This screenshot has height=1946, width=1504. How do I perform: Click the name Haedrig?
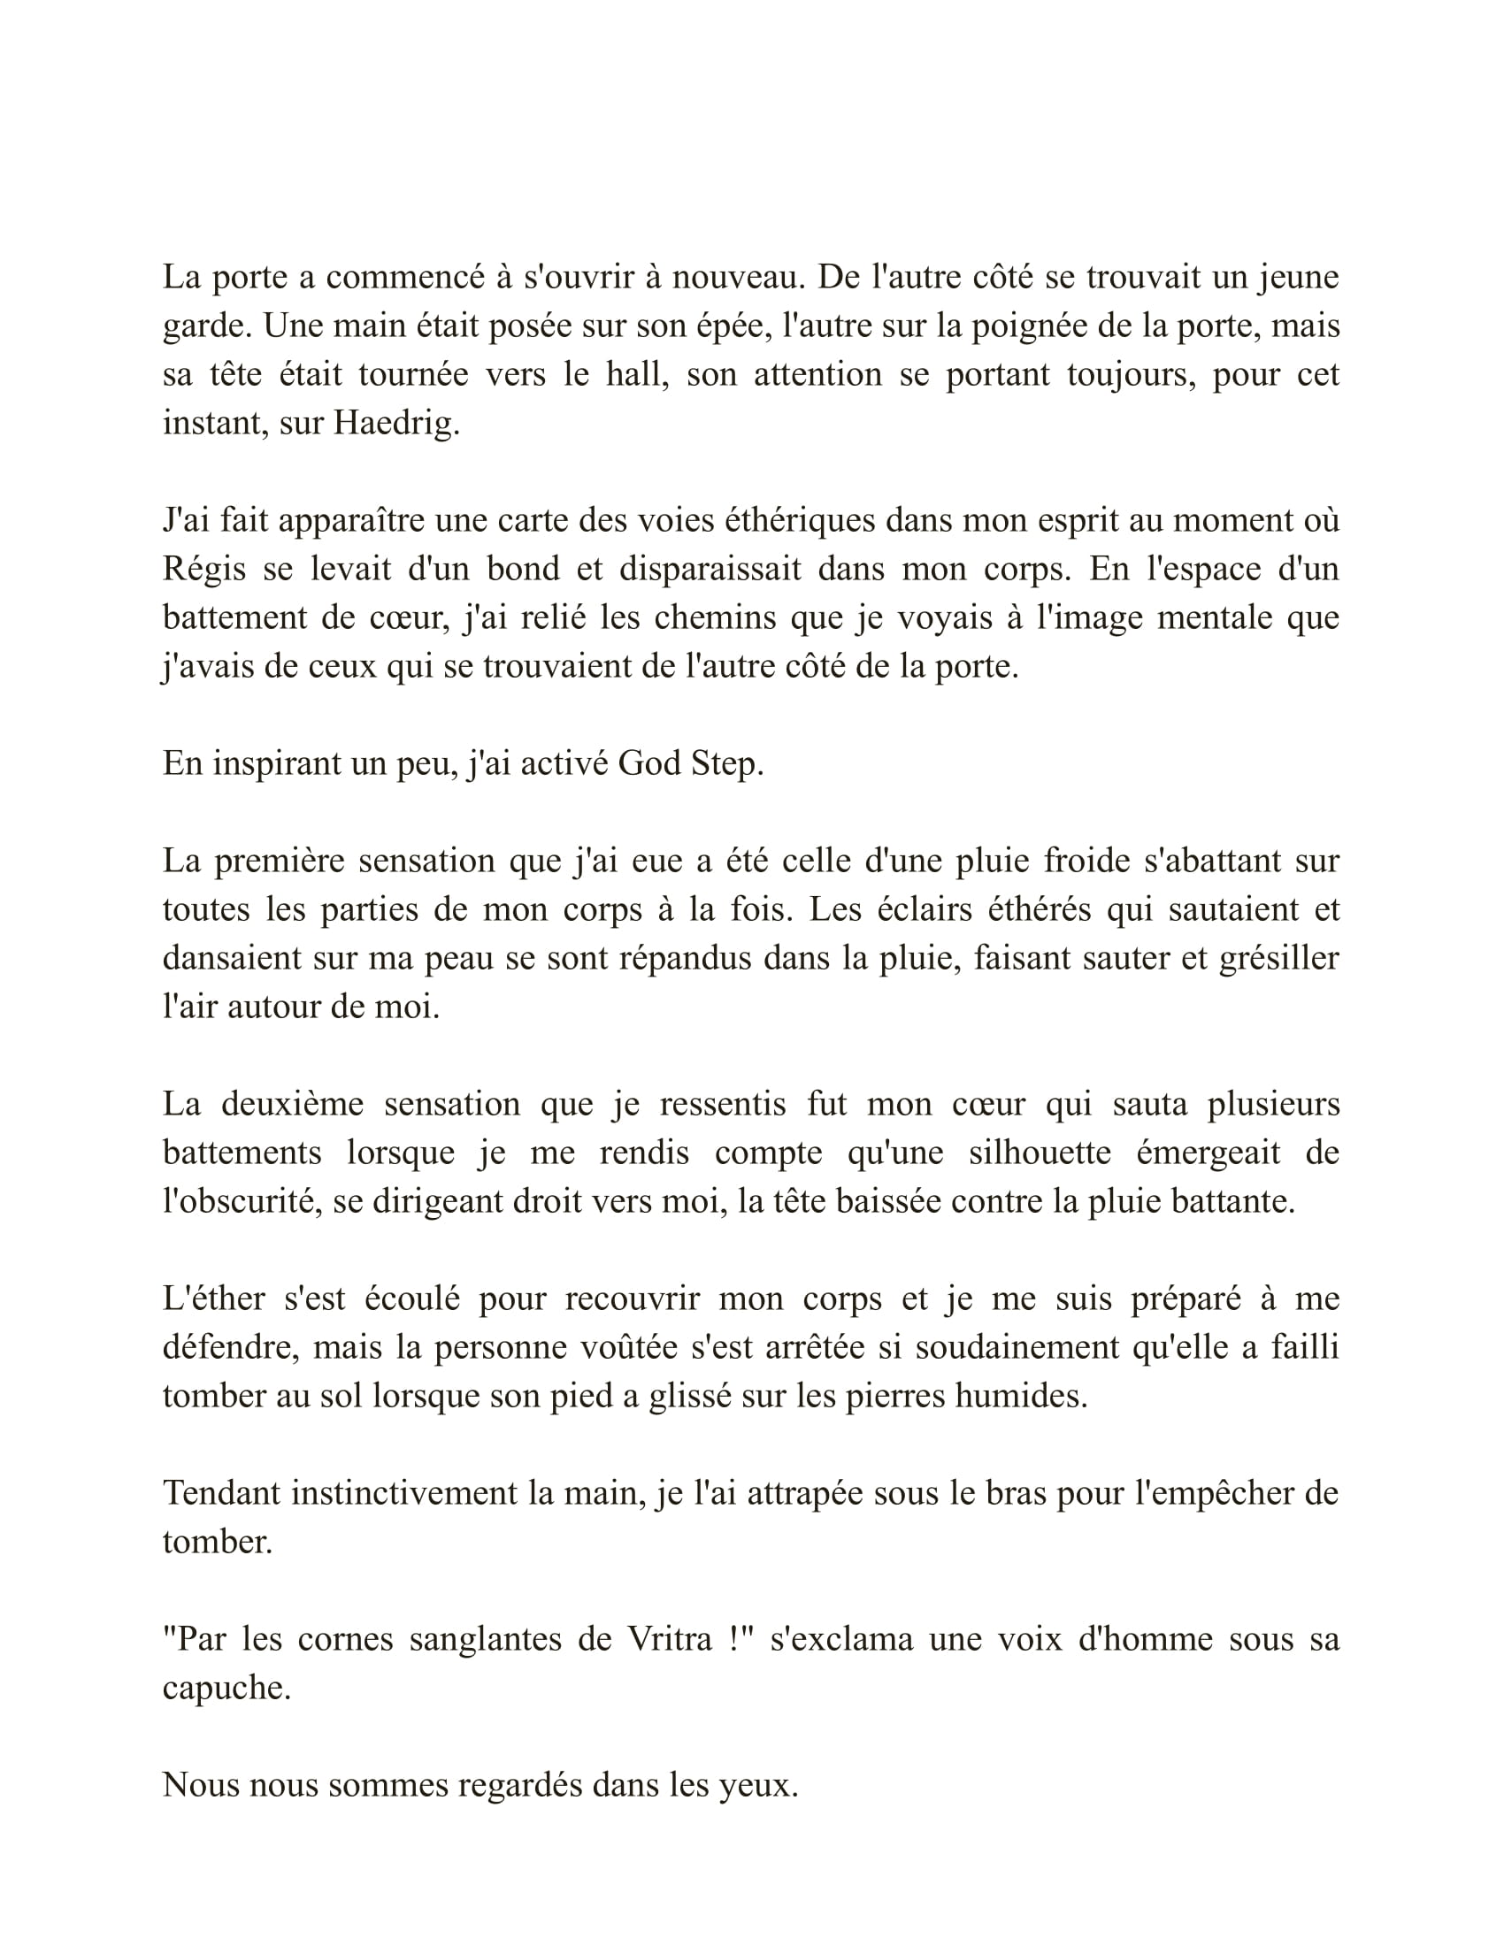395,423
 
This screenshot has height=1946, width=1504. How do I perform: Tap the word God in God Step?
649,763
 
